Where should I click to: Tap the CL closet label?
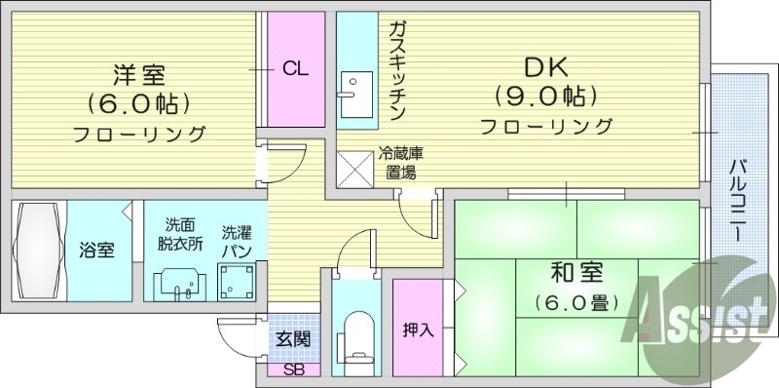click(x=296, y=68)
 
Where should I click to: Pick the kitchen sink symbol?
click(x=352, y=88)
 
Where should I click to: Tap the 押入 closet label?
click(x=418, y=330)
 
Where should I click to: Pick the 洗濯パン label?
click(x=237, y=242)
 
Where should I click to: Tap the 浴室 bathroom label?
click(x=96, y=250)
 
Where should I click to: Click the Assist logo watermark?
click(x=698, y=315)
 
